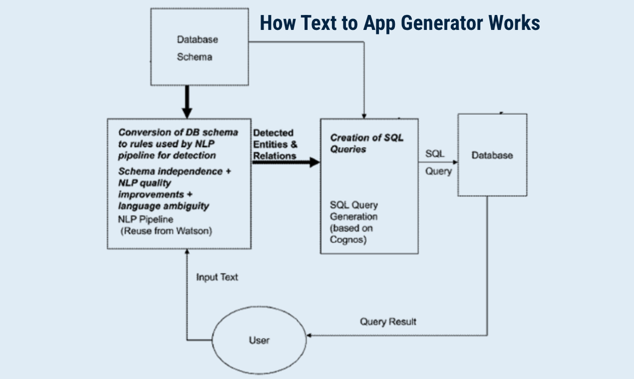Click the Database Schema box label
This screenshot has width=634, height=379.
[197, 48]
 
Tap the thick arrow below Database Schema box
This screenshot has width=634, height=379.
[187, 102]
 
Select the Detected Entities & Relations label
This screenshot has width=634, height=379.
[275, 144]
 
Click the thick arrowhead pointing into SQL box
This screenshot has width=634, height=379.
[315, 162]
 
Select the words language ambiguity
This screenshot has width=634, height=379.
[163, 205]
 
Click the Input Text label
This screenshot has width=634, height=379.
[217, 277]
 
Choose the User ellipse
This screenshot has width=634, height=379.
[259, 340]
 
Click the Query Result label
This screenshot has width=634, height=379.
[388, 322]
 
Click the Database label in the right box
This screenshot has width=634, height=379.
[492, 156]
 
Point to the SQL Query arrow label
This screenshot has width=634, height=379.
[438, 163]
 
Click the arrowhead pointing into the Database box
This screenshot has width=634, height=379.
[455, 162]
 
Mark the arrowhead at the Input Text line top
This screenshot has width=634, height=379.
[187, 253]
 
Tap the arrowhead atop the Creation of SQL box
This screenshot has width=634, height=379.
[365, 115]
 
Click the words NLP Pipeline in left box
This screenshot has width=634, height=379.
[146, 219]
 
